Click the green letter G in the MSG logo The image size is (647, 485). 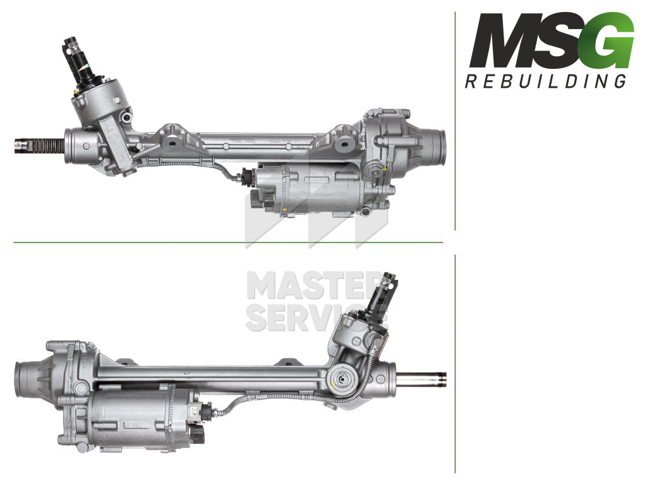click(610, 40)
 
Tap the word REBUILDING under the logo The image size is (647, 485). click(545, 81)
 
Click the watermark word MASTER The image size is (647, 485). click(311, 285)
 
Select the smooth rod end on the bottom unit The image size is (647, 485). click(421, 379)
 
